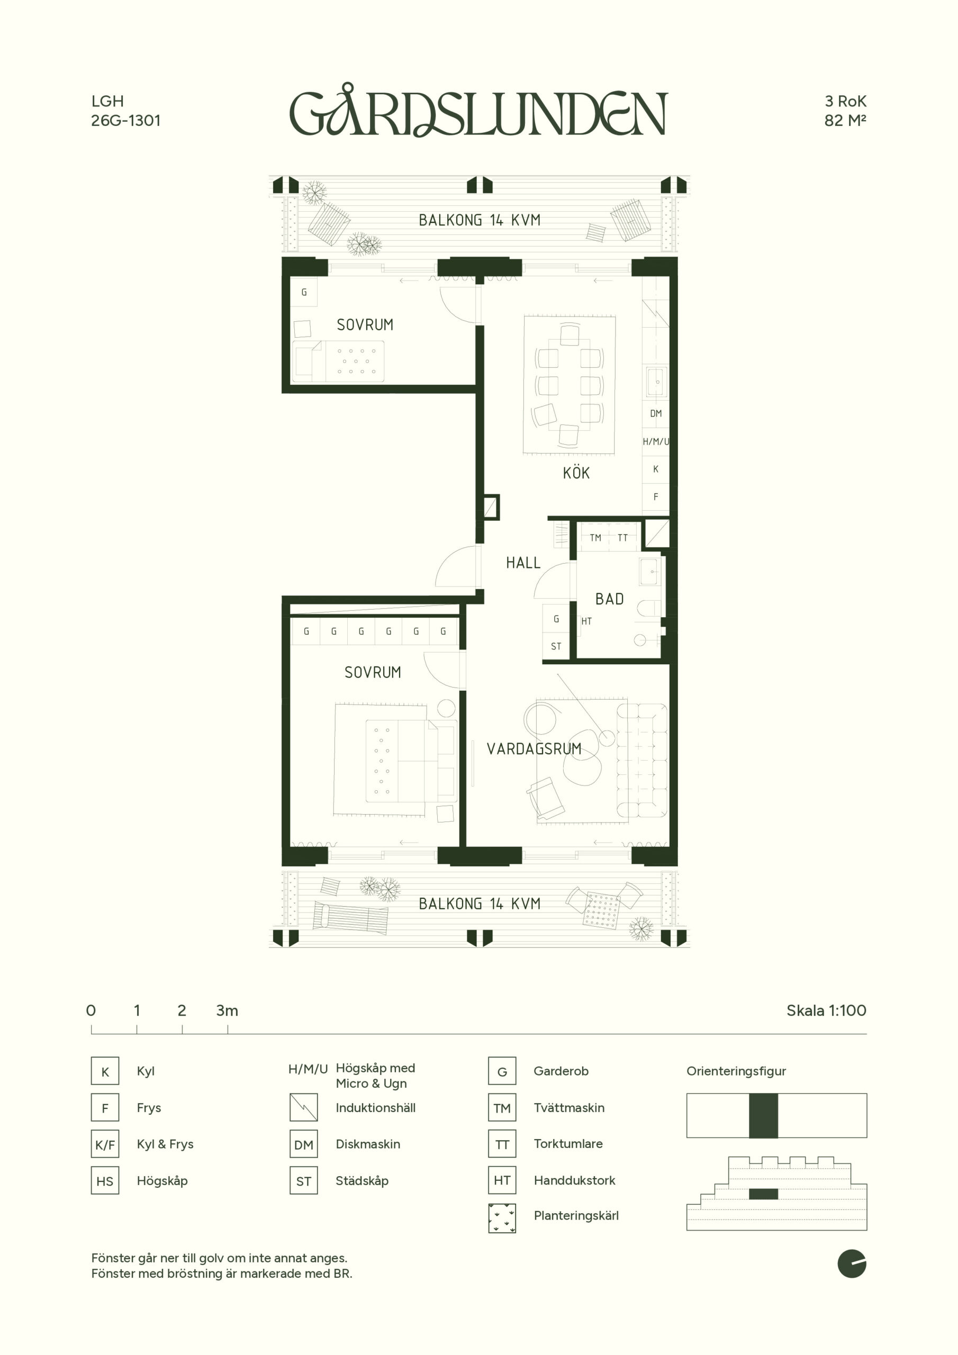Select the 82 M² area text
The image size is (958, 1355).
(x=845, y=120)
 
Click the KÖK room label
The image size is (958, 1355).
(x=576, y=472)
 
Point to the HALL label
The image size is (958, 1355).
(x=523, y=563)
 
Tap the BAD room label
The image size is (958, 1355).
(x=609, y=599)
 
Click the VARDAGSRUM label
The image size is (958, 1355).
(x=534, y=749)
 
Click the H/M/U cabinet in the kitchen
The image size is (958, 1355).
(x=656, y=441)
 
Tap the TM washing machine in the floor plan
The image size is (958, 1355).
(x=595, y=538)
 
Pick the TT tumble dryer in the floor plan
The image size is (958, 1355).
(x=623, y=538)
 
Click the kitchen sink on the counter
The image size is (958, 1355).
(x=656, y=382)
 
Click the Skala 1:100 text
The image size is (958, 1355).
(x=826, y=1010)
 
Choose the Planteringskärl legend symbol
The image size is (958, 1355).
(x=502, y=1218)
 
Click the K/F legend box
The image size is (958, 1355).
(x=105, y=1145)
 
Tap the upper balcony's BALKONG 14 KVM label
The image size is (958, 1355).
(x=480, y=220)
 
